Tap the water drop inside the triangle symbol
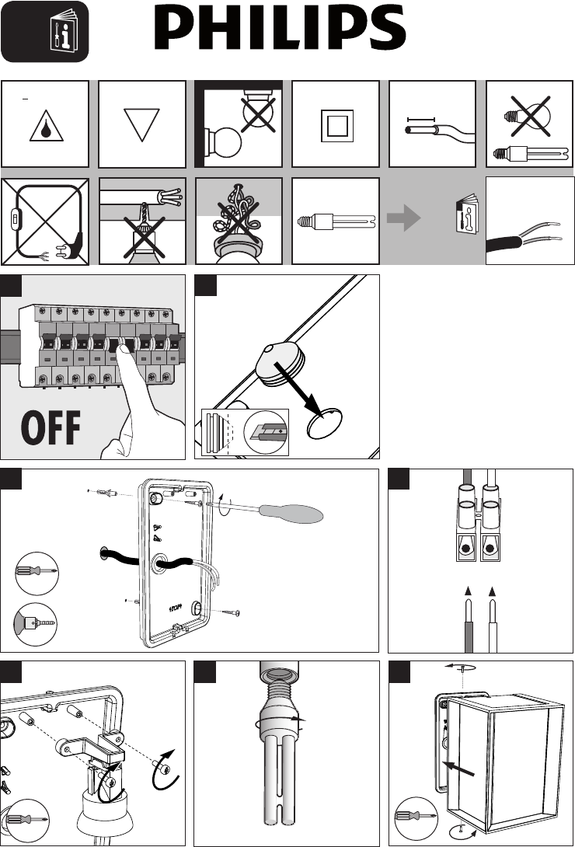[x=47, y=128]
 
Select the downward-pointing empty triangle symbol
[x=141, y=124]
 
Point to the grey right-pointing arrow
[x=404, y=219]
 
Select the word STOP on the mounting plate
[x=176, y=607]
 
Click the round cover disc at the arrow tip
[x=325, y=423]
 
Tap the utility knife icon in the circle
[x=267, y=432]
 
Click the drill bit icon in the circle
[x=36, y=625]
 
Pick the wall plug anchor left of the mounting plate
[x=103, y=493]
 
